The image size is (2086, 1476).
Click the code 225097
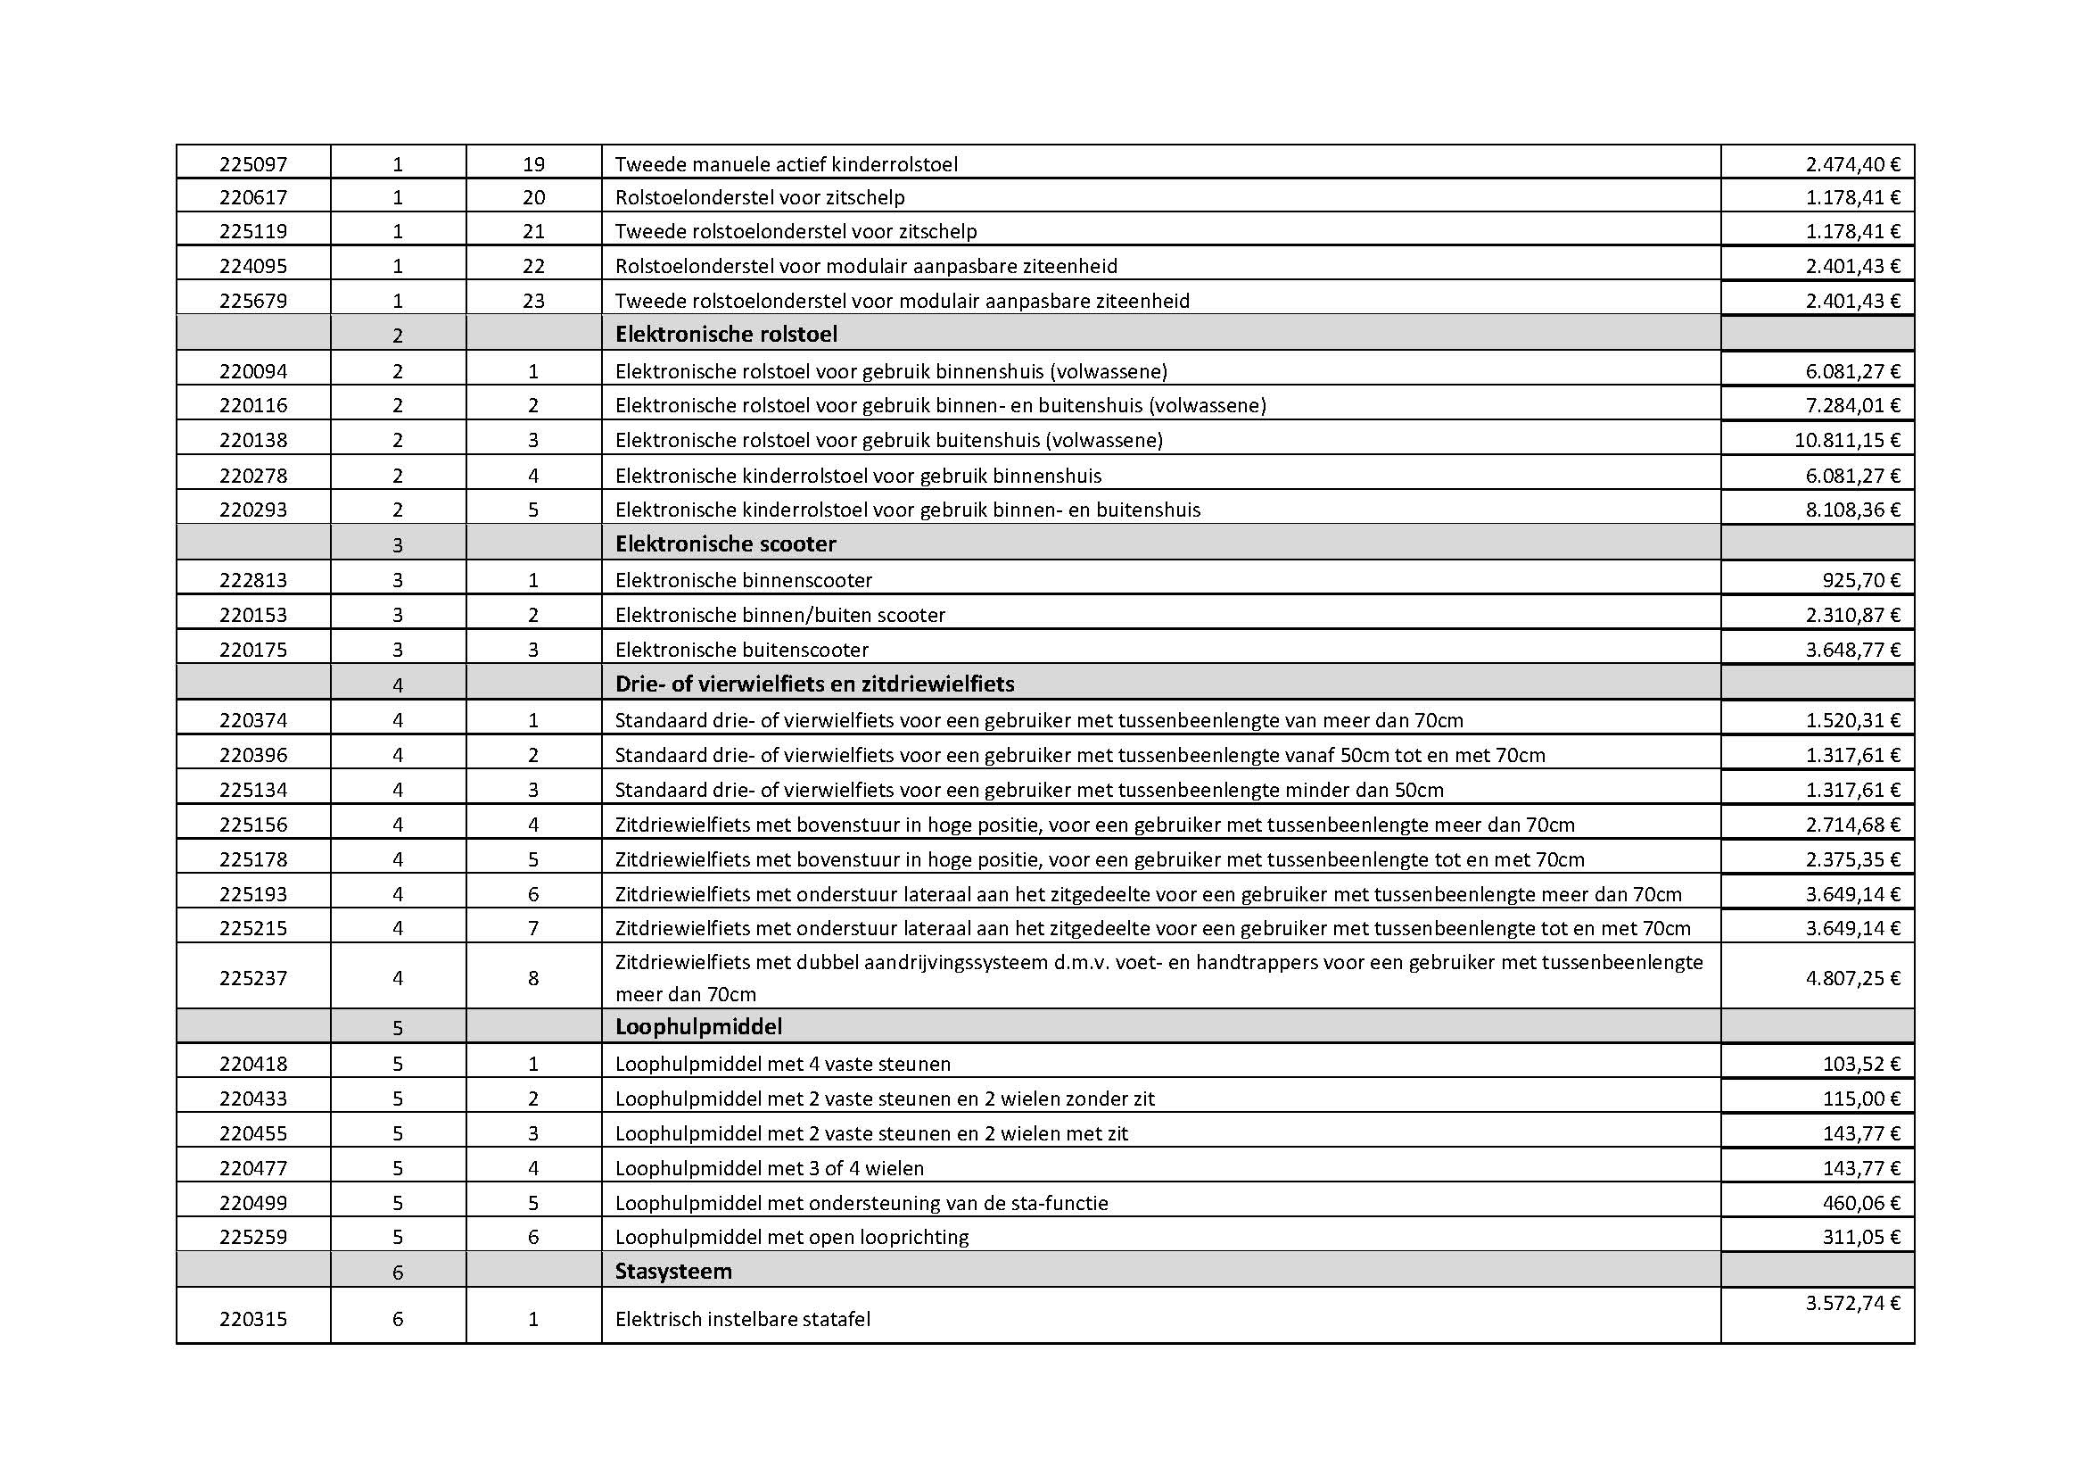[x=252, y=164]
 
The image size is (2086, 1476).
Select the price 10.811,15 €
[x=1847, y=441]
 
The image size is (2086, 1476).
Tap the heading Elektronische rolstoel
[x=726, y=335]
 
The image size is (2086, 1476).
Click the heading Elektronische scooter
[x=725, y=544]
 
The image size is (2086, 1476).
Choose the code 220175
[x=252, y=650]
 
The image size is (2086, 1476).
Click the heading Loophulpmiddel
[x=698, y=1027]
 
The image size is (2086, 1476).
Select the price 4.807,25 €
[x=1852, y=978]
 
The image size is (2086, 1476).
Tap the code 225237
[x=252, y=978]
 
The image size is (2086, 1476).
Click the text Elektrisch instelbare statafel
[x=742, y=1319]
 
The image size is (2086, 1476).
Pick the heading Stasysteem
[x=673, y=1271]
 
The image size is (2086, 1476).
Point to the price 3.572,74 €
[x=1852, y=1303]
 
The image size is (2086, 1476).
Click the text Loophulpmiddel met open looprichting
[x=791, y=1237]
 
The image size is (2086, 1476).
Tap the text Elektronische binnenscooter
[x=743, y=580]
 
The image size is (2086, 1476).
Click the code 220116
[x=252, y=405]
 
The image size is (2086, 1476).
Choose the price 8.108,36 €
[x=1852, y=510]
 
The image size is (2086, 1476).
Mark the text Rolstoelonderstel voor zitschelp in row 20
[x=760, y=197]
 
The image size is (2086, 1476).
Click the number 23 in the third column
[x=533, y=301]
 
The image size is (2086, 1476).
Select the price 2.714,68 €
[x=1852, y=825]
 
